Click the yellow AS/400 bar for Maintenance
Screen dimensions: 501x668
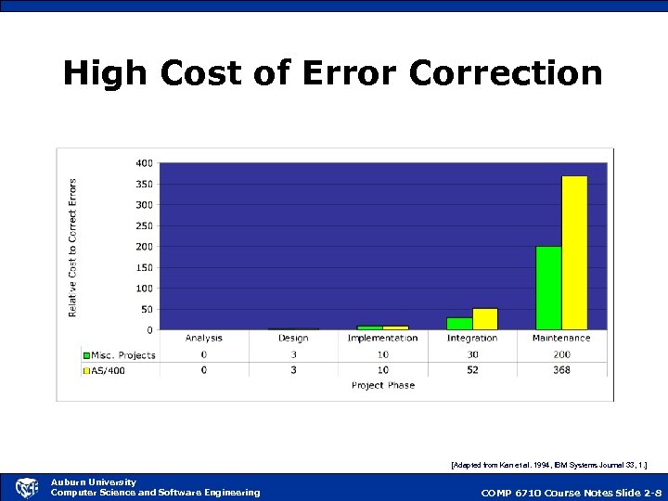click(574, 252)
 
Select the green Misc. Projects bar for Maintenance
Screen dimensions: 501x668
click(548, 288)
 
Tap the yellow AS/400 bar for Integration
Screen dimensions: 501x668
click(485, 319)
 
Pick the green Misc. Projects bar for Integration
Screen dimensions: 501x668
click(459, 323)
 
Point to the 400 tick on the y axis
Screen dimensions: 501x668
click(144, 163)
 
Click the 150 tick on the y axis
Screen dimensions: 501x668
click(144, 267)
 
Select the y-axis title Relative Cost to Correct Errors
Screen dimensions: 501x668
click(73, 248)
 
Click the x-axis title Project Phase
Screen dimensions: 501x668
click(383, 385)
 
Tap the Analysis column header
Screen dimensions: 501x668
click(204, 339)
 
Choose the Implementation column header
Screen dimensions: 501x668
click(382, 339)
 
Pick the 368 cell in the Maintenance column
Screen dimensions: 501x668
click(561, 370)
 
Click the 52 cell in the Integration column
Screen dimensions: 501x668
click(472, 370)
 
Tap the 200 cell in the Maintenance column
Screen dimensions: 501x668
click(561, 354)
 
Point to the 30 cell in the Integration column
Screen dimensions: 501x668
click(472, 354)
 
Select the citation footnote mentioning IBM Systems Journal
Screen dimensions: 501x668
click(548, 461)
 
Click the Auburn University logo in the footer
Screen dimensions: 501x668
click(27, 487)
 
